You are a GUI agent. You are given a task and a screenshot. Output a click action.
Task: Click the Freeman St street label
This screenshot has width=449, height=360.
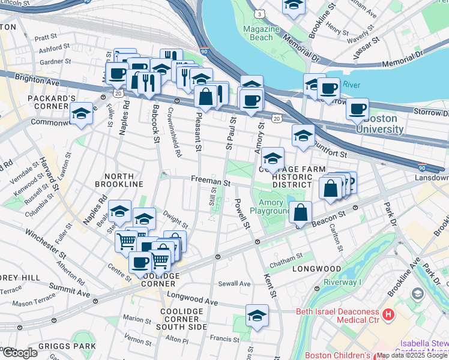coord(211,180)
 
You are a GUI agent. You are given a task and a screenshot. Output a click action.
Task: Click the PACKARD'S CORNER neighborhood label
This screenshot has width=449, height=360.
coord(51,101)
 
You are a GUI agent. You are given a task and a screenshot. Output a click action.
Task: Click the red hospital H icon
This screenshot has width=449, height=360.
coord(388,313)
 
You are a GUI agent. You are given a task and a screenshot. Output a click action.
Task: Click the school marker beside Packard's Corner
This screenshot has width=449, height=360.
coord(81,113)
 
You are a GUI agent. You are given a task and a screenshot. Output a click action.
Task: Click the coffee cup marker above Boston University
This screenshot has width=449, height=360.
coord(357,109)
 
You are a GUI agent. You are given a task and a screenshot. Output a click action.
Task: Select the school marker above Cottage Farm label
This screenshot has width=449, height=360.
coord(273,158)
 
